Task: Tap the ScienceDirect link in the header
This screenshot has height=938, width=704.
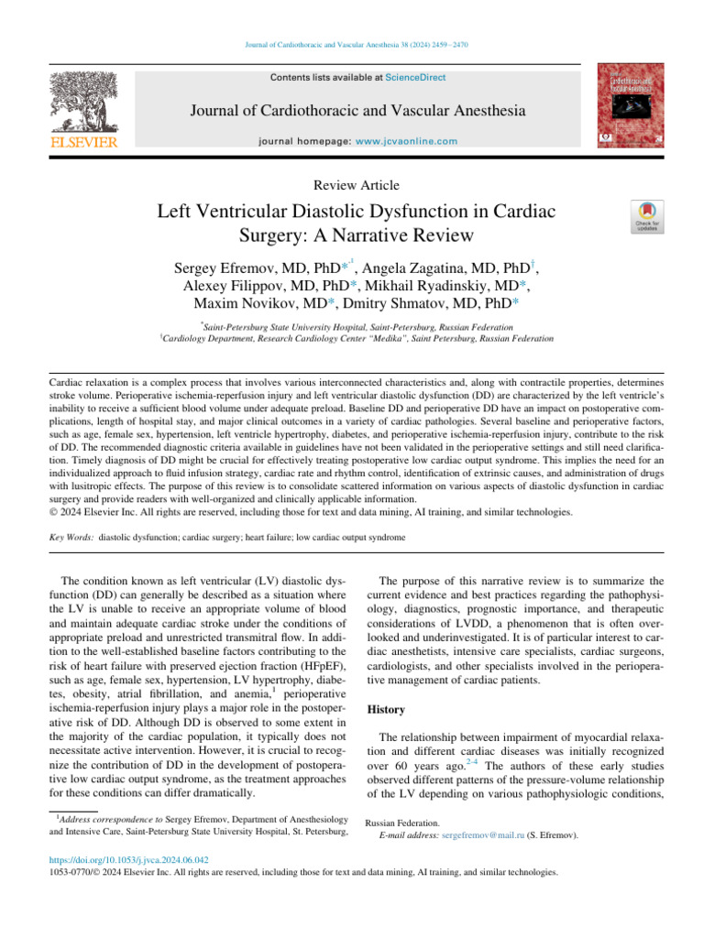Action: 415,78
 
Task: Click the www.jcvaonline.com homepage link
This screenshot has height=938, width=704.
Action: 406,141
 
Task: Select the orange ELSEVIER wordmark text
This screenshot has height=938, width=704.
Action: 83,143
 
